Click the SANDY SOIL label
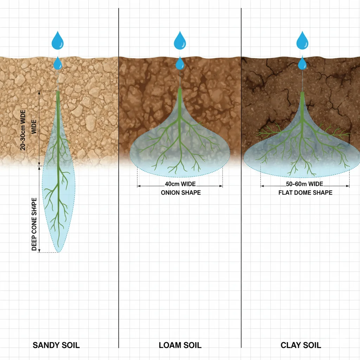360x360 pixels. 56,345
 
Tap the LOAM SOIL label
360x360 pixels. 180,345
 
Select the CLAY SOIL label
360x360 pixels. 301,345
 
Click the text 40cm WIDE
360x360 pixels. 180,184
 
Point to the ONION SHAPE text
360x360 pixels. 181,192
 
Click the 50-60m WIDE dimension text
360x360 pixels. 304,184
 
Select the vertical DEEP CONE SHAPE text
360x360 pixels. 34,224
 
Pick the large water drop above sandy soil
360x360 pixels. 58,40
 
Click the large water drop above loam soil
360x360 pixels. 180,40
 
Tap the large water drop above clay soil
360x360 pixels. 302,40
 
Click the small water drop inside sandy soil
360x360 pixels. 58,63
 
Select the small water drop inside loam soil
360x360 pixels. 180,63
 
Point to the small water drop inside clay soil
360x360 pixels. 302,63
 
